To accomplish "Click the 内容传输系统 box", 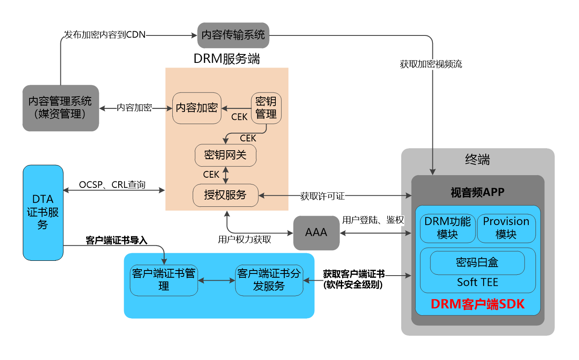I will pos(233,35).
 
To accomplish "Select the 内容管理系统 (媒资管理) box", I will pos(60,108).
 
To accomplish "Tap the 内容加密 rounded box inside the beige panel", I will pos(197,108).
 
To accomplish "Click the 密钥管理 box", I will pos(266,108).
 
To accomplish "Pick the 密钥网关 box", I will pos(225,155).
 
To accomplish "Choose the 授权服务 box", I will pos(225,195).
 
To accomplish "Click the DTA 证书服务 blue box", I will pos(43,212).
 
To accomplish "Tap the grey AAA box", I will pos(316,233).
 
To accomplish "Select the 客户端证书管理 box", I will pos(163,280).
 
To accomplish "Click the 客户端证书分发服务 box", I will pos(269,280).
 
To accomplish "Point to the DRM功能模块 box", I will pos(448,228).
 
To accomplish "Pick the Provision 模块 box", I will pos(506,228).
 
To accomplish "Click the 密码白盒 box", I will pos(477,263).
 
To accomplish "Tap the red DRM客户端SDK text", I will pos(478,305).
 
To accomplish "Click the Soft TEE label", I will pos(478,282).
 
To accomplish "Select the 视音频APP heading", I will pos(478,193).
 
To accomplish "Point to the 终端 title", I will pos(478,160).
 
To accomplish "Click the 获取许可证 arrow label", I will pos(323,196).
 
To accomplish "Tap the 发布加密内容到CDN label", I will pos(105,35).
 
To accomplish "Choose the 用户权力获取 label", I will pos(245,240).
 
